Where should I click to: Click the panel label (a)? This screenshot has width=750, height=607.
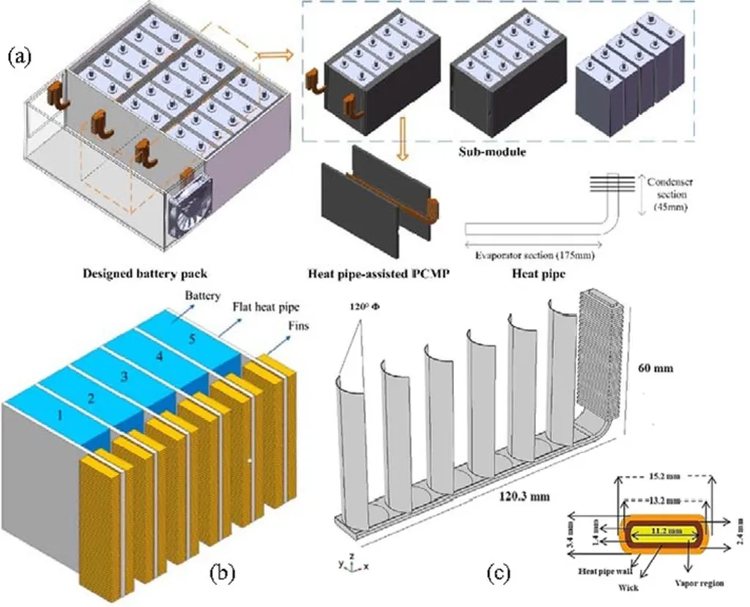[23, 56]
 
